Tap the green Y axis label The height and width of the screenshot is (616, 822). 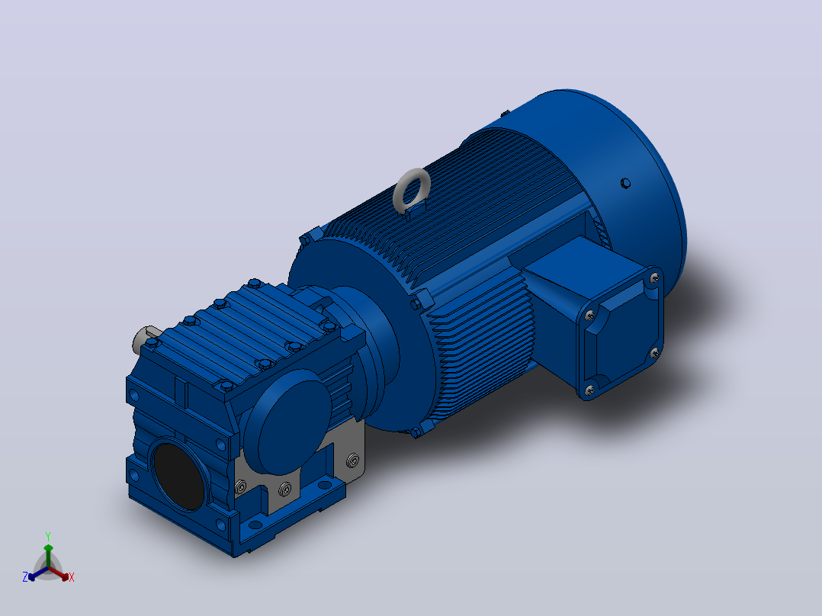coord(48,537)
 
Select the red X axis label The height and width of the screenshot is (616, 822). coord(72,577)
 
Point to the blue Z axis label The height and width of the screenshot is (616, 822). coord(25,577)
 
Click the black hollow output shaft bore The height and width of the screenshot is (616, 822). coord(178,476)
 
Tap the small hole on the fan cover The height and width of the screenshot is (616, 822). coord(625,184)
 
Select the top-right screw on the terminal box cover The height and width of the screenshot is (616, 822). coord(653,278)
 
